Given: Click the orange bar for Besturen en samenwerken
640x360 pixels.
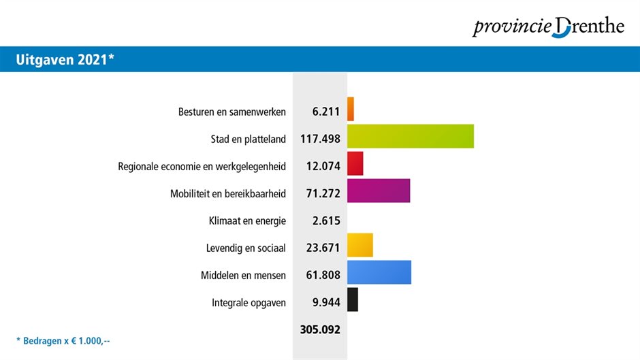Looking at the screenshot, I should (x=351, y=109).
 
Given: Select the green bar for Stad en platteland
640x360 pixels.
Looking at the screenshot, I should (x=411, y=136).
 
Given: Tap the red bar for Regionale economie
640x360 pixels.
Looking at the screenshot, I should (x=355, y=163).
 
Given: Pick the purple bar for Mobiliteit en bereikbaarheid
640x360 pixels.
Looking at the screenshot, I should (x=379, y=191).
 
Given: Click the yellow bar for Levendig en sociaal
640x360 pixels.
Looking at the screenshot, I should (x=360, y=245).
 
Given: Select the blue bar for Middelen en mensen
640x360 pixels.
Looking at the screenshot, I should (x=379, y=272).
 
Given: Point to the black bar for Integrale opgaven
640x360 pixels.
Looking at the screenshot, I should (x=353, y=299).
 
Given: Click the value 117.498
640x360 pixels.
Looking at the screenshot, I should (x=320, y=140).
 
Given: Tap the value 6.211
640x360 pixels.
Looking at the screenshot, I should (x=326, y=112).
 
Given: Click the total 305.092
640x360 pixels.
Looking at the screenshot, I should (x=320, y=329).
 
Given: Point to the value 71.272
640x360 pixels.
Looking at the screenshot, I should (x=323, y=194).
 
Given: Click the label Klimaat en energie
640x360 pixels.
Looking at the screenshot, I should (x=247, y=221).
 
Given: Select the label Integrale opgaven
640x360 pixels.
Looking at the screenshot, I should (x=249, y=303).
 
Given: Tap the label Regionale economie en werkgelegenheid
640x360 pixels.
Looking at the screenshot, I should (x=202, y=167).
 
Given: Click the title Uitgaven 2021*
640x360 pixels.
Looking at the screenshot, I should (x=65, y=60).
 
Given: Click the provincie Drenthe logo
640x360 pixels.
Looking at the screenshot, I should (x=548, y=27).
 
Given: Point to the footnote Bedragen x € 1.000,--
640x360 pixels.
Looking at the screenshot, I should (x=63, y=340).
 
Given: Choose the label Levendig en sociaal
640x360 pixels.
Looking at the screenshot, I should (x=246, y=248).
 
